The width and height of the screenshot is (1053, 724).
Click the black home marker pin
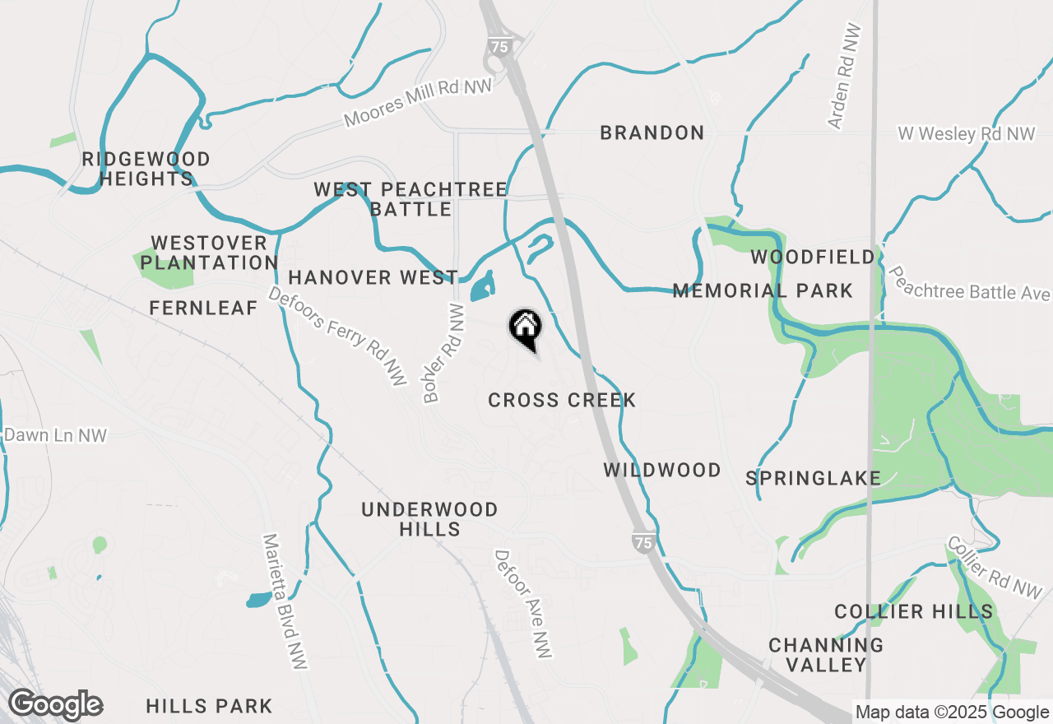point(525,327)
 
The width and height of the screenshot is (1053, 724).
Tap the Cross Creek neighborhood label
point(562,401)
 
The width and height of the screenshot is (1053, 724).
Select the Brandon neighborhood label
point(652,132)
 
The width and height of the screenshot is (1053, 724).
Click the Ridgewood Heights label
point(146,169)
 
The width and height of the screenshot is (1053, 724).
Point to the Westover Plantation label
point(209,253)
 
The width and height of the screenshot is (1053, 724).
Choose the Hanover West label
point(373,278)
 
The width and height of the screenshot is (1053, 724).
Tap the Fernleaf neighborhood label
point(203,308)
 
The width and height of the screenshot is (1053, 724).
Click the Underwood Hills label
point(429,519)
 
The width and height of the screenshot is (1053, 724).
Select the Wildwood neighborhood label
point(662,470)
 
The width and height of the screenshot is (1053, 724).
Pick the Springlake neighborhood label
point(813,478)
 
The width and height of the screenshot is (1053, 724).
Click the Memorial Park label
point(763,290)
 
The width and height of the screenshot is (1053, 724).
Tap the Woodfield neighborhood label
point(813,258)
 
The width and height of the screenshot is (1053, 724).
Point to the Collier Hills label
point(913,611)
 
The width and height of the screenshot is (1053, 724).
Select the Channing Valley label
point(826,655)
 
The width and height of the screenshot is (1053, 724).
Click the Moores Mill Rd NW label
point(418,103)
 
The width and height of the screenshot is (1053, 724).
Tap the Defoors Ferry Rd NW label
point(338,336)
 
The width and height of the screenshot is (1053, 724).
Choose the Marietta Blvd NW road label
point(284,601)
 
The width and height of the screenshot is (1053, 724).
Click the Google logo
point(55,705)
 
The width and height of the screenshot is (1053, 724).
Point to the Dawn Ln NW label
point(56,435)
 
